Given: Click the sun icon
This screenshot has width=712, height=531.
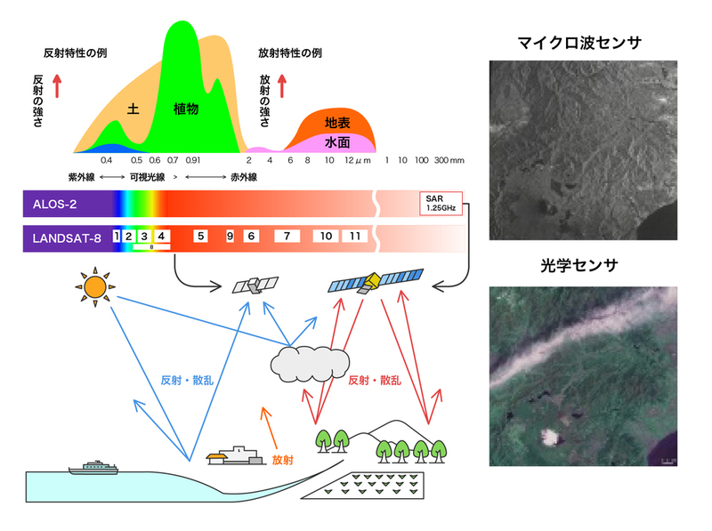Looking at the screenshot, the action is coord(95,287).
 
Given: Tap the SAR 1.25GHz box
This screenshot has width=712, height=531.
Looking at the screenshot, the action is coord(441,204).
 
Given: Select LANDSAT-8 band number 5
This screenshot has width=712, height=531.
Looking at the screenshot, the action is coord(201,236).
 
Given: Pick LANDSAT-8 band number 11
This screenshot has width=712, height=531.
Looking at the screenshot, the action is coord(354,236).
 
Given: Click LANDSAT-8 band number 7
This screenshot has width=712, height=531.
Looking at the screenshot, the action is coord(287,236).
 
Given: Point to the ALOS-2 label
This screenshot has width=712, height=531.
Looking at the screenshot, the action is coord(54,205).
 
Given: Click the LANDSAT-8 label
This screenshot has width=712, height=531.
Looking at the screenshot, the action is coord(67,238).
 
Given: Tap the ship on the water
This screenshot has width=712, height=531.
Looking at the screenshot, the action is coord(93,468).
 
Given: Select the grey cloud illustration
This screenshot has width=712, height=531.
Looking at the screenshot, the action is coord(310,364).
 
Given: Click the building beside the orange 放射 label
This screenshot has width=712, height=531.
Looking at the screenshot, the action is coord(236,455).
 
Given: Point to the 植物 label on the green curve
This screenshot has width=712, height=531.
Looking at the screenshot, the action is coord(186,109).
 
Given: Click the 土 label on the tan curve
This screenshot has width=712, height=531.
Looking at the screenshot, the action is coord(133,109).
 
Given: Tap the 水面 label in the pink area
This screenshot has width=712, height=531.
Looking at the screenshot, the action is coord(337,142).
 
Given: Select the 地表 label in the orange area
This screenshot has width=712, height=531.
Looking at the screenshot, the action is coord(337,123).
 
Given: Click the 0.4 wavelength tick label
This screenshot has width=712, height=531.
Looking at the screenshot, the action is coord(106,160).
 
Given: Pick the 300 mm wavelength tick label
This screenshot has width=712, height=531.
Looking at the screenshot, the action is coord(449,160).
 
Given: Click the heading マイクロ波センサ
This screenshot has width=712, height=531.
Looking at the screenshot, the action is coord(579,43).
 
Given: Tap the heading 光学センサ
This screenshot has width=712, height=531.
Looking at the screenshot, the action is coord(579,265).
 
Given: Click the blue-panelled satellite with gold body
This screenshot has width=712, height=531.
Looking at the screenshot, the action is coord(376,280).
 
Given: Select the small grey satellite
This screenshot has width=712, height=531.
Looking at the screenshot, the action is coord(255,286).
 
